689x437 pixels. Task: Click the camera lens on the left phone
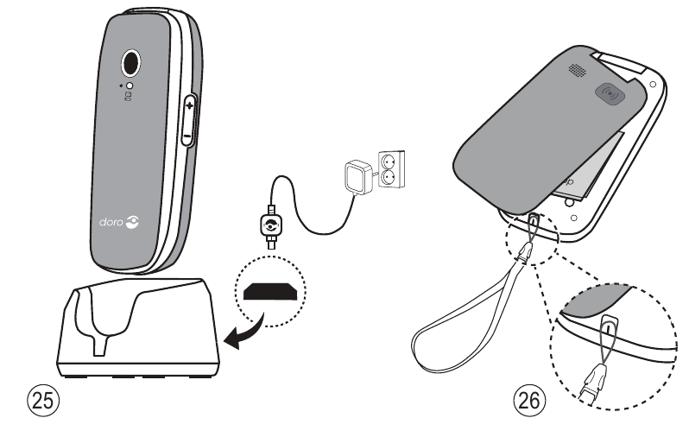coord(131,62)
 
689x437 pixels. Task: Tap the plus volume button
coord(188,104)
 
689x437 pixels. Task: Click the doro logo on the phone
coord(116,223)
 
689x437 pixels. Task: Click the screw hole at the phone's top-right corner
coord(651,85)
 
